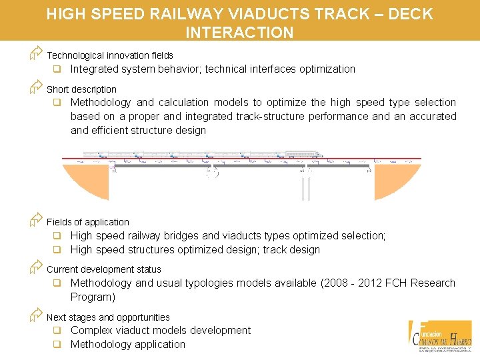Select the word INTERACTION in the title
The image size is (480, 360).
click(239, 33)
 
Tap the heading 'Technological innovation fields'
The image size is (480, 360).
click(109, 56)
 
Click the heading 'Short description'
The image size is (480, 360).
click(81, 89)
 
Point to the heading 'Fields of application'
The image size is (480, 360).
click(87, 222)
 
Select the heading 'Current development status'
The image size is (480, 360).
click(103, 269)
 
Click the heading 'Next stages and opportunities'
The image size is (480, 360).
click(108, 317)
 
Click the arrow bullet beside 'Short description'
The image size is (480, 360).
click(36, 87)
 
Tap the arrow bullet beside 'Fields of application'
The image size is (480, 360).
click(36, 220)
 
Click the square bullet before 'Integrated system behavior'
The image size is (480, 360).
click(58, 69)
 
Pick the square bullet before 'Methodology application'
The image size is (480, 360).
click(58, 345)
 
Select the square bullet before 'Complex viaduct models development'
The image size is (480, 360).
click(58, 331)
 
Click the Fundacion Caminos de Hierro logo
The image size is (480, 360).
click(441, 336)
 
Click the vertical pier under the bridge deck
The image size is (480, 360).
click(306, 187)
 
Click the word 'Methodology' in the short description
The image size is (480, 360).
click(101, 103)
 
